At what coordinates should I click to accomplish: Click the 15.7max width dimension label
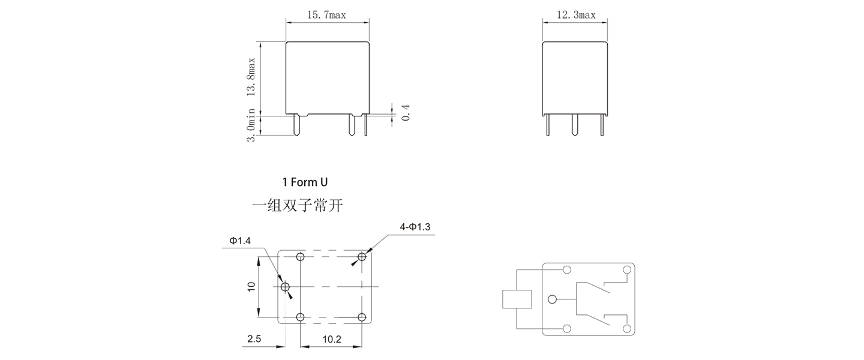pos(326,15)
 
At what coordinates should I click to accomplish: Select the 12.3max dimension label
pos(576,15)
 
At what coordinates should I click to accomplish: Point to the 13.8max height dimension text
pos(251,77)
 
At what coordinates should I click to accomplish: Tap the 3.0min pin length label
pos(251,125)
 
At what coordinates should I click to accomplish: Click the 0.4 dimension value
pos(406,112)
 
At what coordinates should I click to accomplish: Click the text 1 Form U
pos(305,182)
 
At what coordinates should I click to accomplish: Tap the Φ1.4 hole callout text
pos(239,241)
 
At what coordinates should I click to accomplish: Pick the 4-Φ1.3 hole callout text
pos(415,227)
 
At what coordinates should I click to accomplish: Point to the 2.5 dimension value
pos(254,339)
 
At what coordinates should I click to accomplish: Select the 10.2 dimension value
pos(331,339)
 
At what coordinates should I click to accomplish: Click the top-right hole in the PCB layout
pos(362,257)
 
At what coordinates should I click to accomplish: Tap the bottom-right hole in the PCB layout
pos(362,317)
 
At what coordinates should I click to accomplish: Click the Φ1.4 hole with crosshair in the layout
pos(285,287)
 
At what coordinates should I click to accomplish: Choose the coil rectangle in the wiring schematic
pos(517,299)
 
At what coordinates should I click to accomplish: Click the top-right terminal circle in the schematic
pos(627,269)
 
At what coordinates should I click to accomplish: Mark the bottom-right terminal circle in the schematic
pos(627,329)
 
